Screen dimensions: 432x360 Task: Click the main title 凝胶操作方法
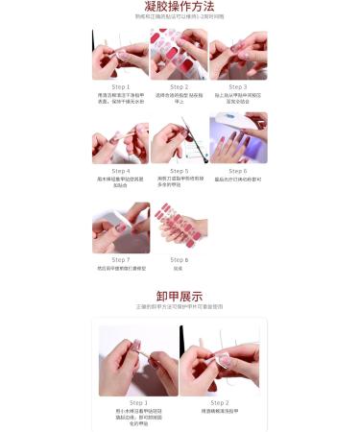pyautogui.click(x=180, y=7)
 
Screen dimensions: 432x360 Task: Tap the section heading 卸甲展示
pyautogui.click(x=180, y=295)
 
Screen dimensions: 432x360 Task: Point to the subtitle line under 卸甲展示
pyautogui.click(x=180, y=307)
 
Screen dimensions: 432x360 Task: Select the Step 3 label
pyautogui.click(x=237, y=86)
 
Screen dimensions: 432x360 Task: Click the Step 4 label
pyautogui.click(x=121, y=171)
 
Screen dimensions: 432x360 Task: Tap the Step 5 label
pyautogui.click(x=179, y=171)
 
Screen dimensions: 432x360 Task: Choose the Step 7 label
pyautogui.click(x=121, y=259)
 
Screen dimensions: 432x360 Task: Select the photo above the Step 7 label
pyautogui.click(x=121, y=227)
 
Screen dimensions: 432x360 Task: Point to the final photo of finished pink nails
pyautogui.click(x=179, y=228)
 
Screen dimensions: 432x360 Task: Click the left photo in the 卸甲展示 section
pyautogui.click(x=138, y=360)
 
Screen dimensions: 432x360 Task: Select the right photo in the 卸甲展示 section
pyautogui.click(x=220, y=360)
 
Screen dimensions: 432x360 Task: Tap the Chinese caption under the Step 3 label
pyautogui.click(x=237, y=98)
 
